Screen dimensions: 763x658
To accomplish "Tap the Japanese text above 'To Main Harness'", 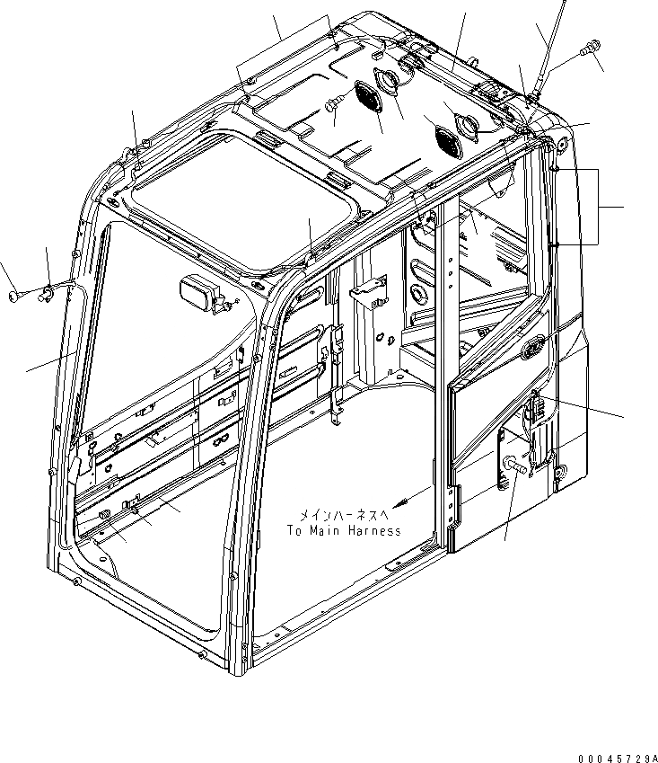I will (344, 515).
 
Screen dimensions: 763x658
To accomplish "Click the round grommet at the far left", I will (13, 295).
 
